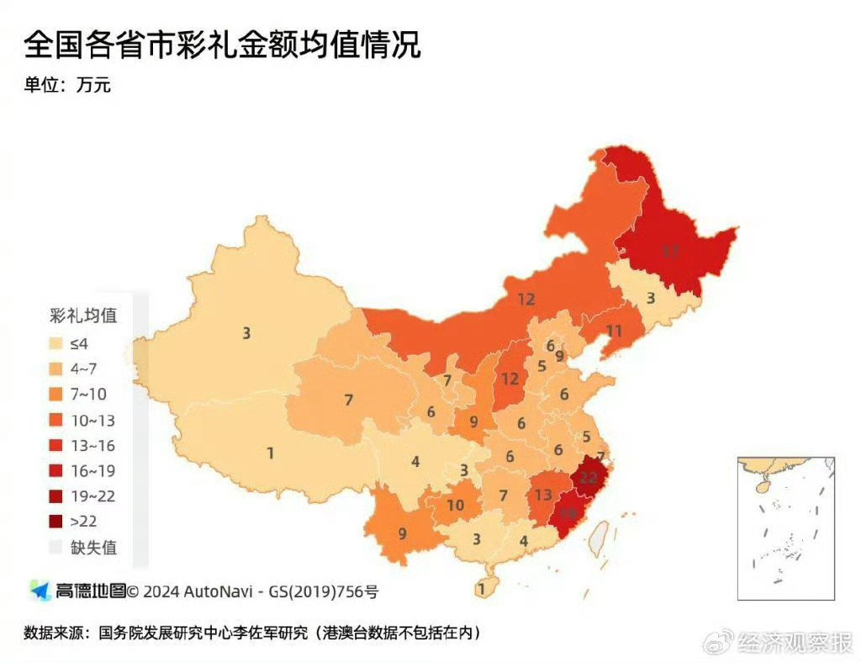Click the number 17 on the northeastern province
click(x=669, y=250)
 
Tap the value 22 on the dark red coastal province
click(x=589, y=477)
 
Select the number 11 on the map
click(x=614, y=331)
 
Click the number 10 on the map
click(x=455, y=505)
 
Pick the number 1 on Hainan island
click(x=481, y=590)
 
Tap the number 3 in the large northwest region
click(x=246, y=333)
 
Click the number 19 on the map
click(x=568, y=513)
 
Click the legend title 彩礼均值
click(x=82, y=316)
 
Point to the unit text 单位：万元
click(x=67, y=85)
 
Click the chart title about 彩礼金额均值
click(x=222, y=45)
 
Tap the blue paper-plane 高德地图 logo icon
click(x=40, y=591)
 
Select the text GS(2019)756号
click(x=324, y=591)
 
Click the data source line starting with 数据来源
click(x=256, y=632)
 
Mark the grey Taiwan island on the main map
click(x=598, y=538)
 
